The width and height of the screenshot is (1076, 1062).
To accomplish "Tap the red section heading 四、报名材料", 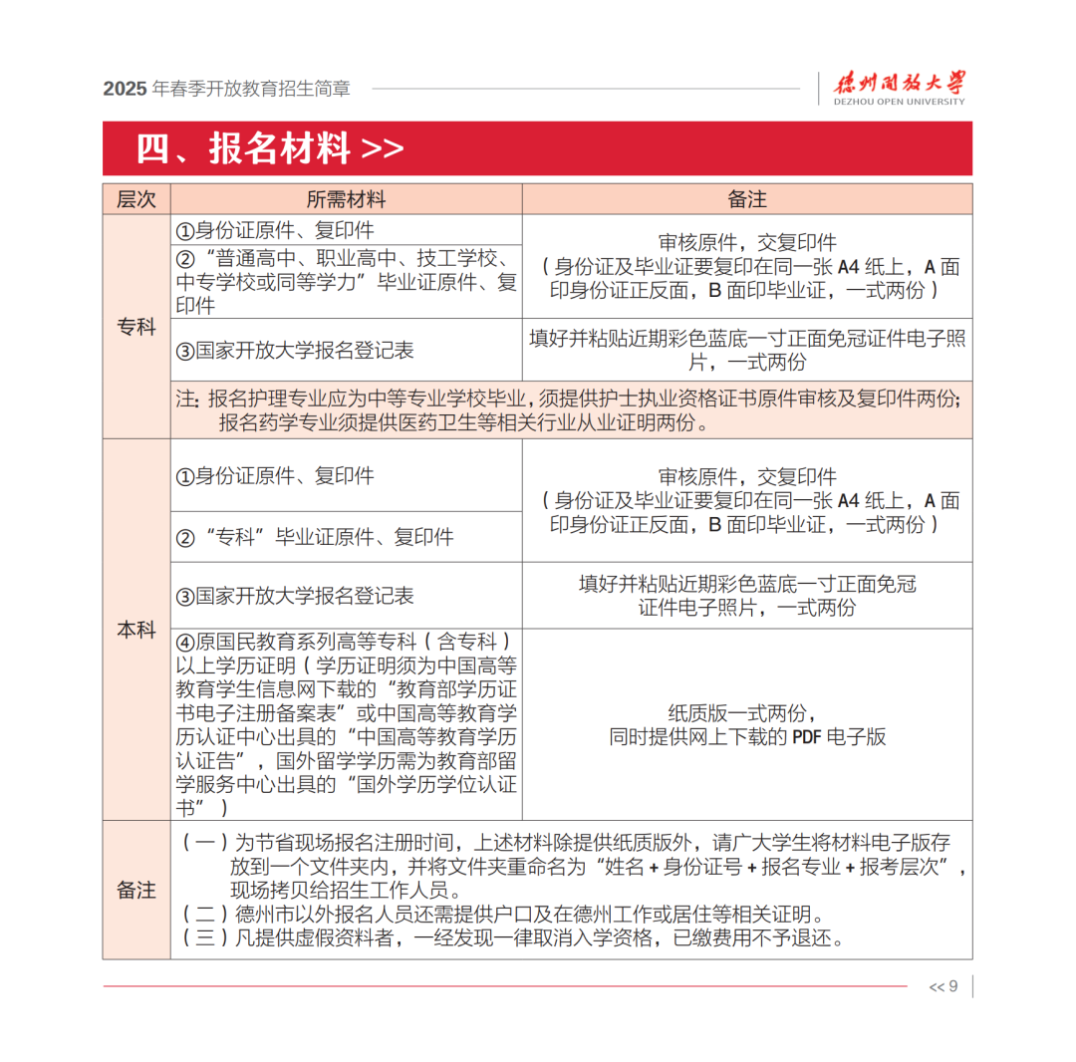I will [270, 148].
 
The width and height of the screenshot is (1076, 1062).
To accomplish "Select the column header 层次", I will [136, 199].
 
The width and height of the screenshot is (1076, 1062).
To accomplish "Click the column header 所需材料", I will [346, 199].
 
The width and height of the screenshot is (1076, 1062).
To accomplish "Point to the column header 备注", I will [747, 199].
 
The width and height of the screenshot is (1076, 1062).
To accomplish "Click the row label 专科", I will [136, 326].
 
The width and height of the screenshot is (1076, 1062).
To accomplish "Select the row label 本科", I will [136, 630].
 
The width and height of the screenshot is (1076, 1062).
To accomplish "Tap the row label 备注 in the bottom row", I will [136, 890].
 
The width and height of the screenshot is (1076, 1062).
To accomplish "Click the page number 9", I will [952, 986].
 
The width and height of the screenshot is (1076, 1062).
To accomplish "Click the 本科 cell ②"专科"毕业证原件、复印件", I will [315, 538].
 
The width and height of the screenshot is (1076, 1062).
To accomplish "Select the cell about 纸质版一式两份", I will [747, 725].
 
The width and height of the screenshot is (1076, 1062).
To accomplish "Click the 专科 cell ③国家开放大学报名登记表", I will [295, 351].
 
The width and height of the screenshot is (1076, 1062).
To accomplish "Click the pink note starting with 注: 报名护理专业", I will [569, 410].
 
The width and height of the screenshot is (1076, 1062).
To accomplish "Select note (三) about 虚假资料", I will [514, 938].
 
